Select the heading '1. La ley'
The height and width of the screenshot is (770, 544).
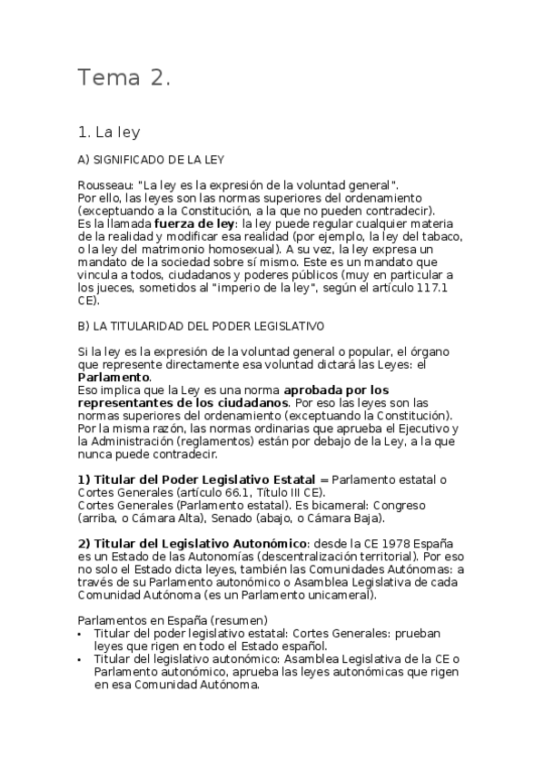110,133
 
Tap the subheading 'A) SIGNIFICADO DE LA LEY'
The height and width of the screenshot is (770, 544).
151,161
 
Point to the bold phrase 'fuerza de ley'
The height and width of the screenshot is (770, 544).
194,222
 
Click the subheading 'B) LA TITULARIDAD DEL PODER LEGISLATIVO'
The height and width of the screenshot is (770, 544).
201,324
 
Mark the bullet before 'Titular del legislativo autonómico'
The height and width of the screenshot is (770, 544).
83,659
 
